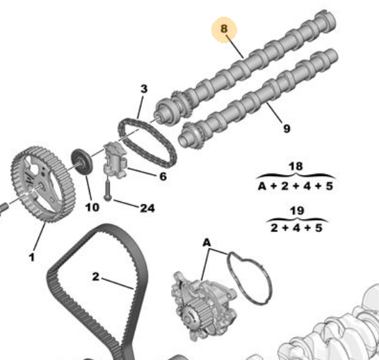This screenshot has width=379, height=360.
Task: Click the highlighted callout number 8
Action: (x=224, y=29)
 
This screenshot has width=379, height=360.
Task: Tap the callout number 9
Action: (x=287, y=128)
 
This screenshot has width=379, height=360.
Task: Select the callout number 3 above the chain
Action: (x=144, y=89)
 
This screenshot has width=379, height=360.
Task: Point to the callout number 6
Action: (x=163, y=176)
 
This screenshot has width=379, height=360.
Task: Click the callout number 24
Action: (x=147, y=208)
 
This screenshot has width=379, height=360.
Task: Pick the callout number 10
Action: (x=92, y=208)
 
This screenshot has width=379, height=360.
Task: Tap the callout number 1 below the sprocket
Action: (x=32, y=257)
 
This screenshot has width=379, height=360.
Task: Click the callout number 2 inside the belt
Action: (x=96, y=276)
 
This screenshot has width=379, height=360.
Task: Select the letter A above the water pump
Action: (x=207, y=242)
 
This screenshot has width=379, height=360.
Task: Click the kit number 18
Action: (x=296, y=166)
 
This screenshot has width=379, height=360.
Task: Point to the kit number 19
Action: (x=297, y=210)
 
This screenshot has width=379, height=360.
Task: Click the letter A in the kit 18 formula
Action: (x=262, y=186)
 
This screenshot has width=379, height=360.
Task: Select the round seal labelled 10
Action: (x=81, y=162)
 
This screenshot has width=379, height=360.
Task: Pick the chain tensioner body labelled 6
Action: (x=115, y=160)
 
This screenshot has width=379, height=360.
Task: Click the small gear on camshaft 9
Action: (x=193, y=135)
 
